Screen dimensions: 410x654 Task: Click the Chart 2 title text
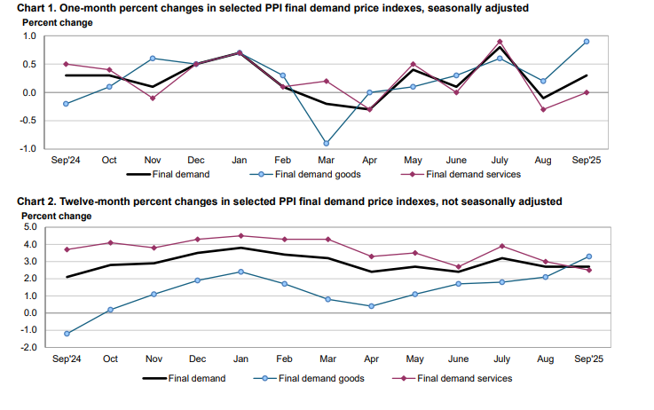click(x=282, y=201)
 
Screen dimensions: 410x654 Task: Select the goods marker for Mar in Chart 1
click(x=327, y=143)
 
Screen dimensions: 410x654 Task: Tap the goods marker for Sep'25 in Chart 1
click(x=587, y=42)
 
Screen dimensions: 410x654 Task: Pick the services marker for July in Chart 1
click(x=500, y=42)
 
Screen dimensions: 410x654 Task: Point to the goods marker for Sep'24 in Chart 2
click(x=67, y=334)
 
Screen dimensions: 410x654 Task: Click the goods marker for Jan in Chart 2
click(x=240, y=272)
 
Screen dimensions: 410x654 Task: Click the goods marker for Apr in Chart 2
click(x=370, y=306)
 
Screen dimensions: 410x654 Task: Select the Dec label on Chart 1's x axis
click(x=196, y=160)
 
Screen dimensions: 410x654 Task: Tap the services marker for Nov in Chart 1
click(x=154, y=98)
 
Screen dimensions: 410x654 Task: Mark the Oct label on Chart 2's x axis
click(x=111, y=360)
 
